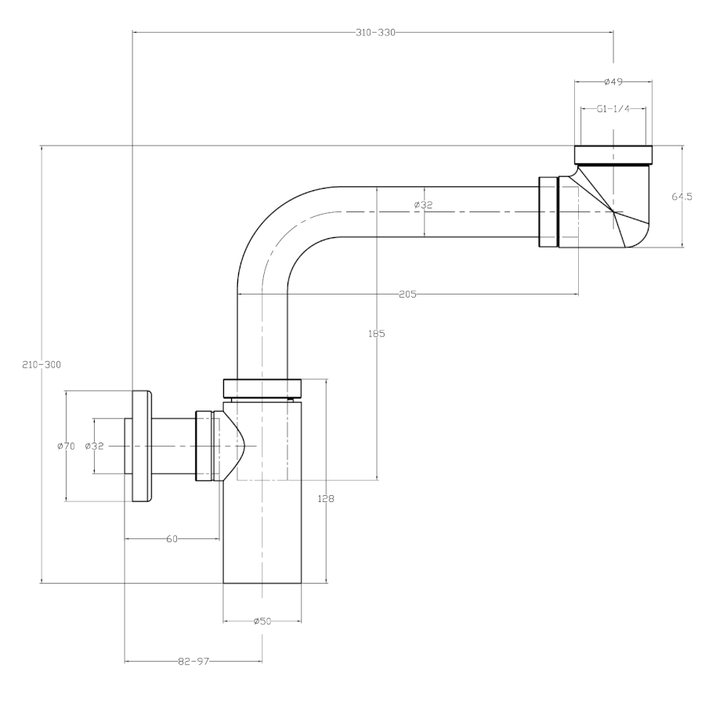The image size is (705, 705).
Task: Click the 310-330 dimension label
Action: point(375,32)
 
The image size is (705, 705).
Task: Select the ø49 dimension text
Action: point(613,81)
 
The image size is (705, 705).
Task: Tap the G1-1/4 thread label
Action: point(613,109)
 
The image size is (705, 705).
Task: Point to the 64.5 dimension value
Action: point(681,197)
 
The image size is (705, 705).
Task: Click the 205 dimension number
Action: point(407,294)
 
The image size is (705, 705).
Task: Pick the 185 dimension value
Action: point(378,333)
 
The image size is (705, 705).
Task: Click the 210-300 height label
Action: point(42,364)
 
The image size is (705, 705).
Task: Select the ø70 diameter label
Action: point(66,446)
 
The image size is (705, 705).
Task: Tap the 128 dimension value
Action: point(326,498)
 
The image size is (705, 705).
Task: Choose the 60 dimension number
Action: point(172,538)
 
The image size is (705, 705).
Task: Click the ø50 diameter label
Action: point(262,620)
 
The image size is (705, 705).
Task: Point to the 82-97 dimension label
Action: point(193,661)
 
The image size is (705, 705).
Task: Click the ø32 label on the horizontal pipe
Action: point(423,205)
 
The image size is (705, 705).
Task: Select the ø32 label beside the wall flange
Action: point(94,446)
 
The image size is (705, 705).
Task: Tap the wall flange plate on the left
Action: point(142,445)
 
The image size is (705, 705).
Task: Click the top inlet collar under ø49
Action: point(613,154)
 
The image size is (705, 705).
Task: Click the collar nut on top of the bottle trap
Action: point(262,388)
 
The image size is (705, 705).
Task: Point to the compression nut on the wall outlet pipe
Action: point(204,445)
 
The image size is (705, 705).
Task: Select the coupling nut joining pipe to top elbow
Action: point(548,212)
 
